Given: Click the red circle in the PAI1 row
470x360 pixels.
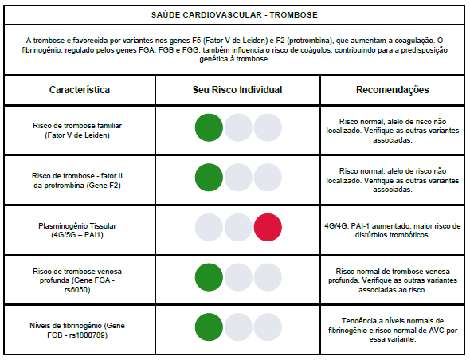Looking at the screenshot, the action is point(268,227).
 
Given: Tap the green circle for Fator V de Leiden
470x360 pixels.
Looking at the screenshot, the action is point(209,127).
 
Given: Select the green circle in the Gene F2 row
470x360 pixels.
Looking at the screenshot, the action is point(209,178).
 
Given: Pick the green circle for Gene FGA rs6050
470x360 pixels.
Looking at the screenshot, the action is point(209,277).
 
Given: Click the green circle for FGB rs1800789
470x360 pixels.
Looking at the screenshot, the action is point(209,327).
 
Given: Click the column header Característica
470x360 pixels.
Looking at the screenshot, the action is point(80,90).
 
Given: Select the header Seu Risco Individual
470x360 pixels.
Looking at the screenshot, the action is point(237,90).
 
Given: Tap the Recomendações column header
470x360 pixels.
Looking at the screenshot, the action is point(393,90).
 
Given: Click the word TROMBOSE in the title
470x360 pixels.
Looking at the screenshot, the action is point(293,15).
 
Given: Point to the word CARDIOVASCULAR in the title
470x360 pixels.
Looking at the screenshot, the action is point(222,15).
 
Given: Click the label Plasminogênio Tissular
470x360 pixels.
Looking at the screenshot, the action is point(77,225).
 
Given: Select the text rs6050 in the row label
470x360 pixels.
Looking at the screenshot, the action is point(77,290).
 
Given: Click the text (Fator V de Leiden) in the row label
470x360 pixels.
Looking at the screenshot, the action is point(77,135).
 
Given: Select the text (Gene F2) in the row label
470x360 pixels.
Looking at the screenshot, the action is point(104,186).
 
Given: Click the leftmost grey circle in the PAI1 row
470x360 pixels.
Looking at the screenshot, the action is point(209,227).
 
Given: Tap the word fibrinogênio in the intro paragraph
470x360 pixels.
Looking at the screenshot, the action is point(42,50).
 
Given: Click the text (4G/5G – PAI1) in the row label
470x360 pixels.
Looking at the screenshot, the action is point(77,235).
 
